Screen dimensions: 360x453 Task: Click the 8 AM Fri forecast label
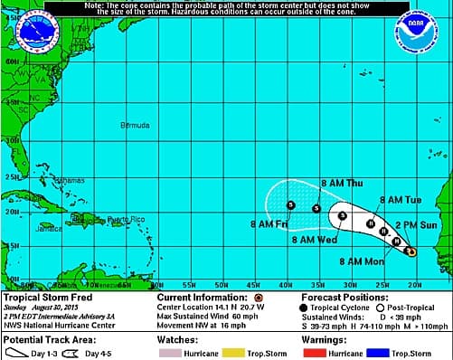tap(268, 223)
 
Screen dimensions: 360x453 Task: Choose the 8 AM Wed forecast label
tap(314, 240)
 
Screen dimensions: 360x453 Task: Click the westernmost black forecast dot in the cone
tap(290, 204)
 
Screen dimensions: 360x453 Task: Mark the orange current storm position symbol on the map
tap(411, 251)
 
